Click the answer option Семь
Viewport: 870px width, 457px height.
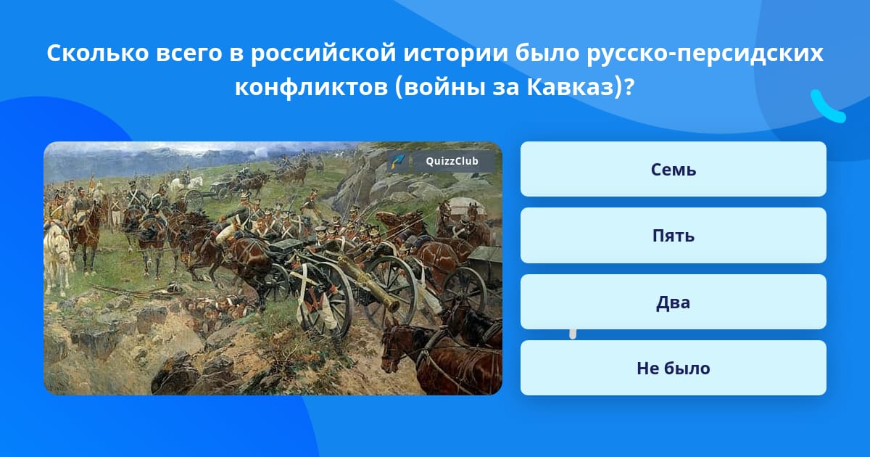point(673,169)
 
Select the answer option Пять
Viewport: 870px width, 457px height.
point(673,236)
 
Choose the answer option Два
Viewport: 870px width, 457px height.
point(673,302)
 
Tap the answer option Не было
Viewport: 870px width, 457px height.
point(673,368)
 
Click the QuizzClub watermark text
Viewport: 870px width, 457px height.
point(452,161)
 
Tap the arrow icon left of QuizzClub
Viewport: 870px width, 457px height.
point(398,161)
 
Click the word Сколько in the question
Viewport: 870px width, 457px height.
point(97,53)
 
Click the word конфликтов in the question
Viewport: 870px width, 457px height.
point(311,88)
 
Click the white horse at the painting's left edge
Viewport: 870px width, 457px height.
point(57,257)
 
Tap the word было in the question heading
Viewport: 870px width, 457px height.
point(547,53)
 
